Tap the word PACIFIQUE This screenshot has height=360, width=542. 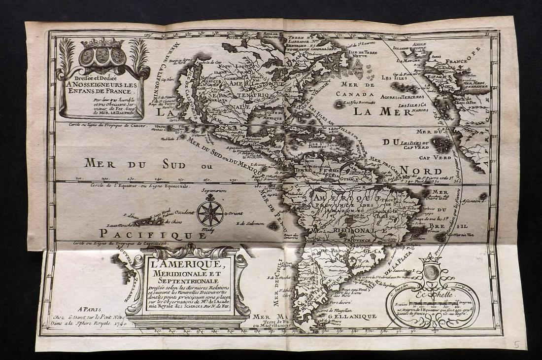click(x=153, y=234)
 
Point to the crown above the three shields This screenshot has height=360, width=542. click(x=103, y=43)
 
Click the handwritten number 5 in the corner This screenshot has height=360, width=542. click(x=516, y=344)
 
